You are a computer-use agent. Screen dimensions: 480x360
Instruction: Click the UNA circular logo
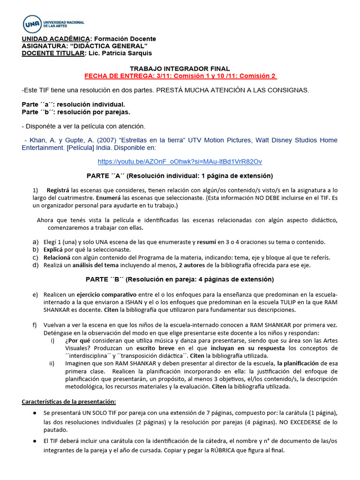tap(32, 23)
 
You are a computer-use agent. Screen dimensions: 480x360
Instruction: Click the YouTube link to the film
tap(180, 161)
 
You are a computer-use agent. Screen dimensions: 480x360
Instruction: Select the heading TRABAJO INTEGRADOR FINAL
tap(180, 68)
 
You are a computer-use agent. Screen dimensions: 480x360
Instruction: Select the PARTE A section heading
tap(180, 176)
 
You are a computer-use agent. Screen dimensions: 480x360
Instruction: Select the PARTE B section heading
tap(180, 279)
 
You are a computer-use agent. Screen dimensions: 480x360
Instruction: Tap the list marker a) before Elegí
tap(35, 242)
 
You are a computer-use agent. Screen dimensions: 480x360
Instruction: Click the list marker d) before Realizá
tap(35, 265)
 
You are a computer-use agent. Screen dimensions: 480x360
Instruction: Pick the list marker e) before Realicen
tap(35, 294)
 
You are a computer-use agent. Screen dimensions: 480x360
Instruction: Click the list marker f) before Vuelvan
tap(35, 325)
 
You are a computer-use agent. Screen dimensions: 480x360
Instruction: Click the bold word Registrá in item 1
tap(58, 190)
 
